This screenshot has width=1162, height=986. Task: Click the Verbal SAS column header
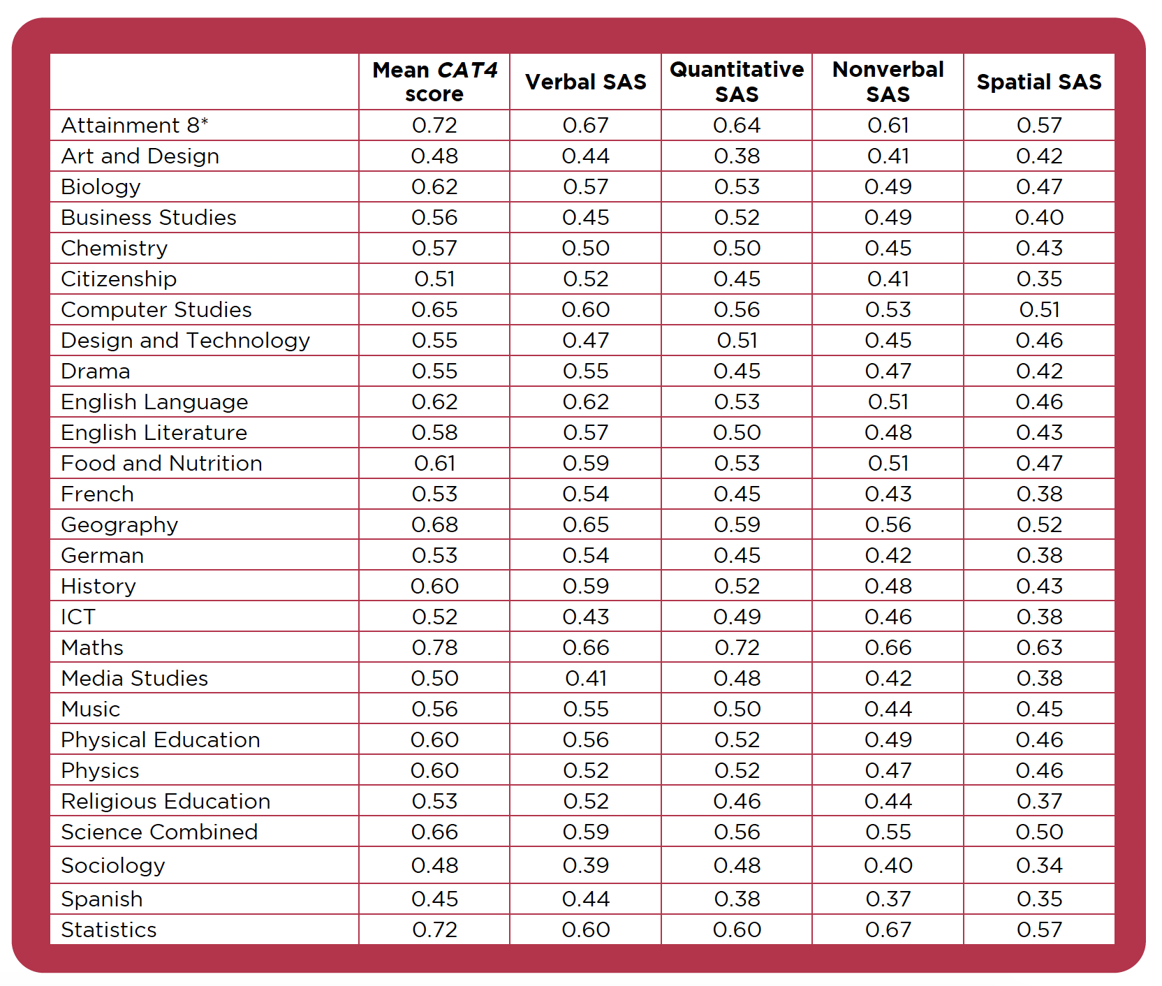586,82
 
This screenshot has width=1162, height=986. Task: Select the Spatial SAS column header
1039,82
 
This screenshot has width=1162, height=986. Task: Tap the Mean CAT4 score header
434,82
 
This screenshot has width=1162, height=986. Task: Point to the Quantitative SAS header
737,82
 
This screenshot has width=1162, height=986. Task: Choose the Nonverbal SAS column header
888,82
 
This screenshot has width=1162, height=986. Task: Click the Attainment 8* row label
135,125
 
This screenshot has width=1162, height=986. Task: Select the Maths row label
92,647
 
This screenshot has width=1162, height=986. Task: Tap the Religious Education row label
166,801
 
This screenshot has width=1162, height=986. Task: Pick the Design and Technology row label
186,340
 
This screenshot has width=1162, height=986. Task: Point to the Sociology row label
113,865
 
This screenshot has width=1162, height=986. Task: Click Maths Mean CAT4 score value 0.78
434,647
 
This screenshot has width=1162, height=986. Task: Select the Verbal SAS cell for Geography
586,524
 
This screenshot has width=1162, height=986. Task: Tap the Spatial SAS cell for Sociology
1039,865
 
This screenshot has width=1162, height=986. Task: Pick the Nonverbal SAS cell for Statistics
888,929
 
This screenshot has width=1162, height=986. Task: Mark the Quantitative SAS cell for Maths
737,647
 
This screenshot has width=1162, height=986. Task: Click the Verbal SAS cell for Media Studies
586,678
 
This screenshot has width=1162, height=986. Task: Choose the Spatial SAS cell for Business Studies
1039,217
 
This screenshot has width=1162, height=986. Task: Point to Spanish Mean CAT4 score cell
434,899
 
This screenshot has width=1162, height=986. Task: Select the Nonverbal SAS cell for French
888,494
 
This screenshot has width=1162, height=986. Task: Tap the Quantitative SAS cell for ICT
737,617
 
